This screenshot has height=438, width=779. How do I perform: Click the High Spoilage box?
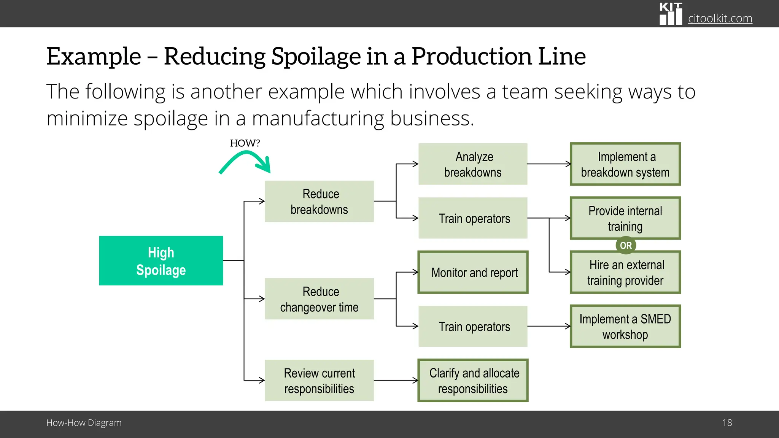click(x=161, y=261)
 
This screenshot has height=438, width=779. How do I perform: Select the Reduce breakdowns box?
click(x=319, y=202)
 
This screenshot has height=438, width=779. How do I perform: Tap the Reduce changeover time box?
click(x=319, y=299)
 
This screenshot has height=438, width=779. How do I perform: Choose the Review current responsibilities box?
click(x=319, y=381)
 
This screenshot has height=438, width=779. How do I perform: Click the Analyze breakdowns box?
click(x=473, y=164)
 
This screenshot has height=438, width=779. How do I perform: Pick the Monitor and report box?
click(x=473, y=272)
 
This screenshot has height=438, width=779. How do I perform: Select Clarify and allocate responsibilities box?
click(x=473, y=381)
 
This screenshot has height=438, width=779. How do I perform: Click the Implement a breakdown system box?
click(x=625, y=164)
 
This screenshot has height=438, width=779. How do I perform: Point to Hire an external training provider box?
click(x=625, y=273)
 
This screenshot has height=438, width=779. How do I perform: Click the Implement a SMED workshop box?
click(x=625, y=326)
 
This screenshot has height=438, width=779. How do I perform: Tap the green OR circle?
click(x=626, y=245)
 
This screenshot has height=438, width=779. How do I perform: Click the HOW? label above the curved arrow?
click(x=245, y=143)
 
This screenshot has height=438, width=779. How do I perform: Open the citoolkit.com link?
click(x=720, y=18)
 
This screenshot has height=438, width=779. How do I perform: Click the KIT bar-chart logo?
click(x=671, y=14)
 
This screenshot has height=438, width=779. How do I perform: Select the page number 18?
click(x=727, y=423)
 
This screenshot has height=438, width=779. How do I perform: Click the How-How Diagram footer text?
click(x=84, y=423)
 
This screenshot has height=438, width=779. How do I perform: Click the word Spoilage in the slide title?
click(x=315, y=56)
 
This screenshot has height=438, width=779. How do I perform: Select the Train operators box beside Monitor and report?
click(x=473, y=326)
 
